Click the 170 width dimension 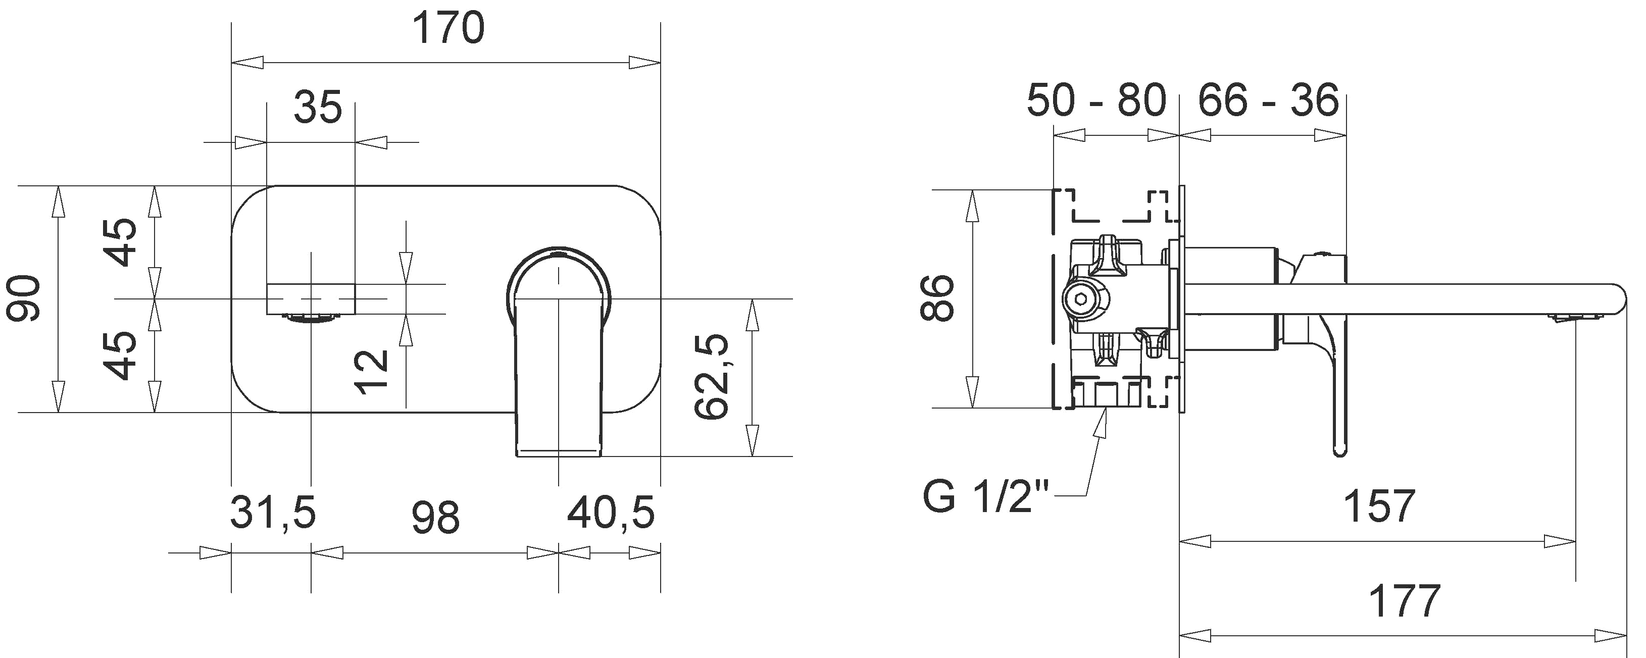click(x=448, y=29)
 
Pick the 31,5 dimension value click(x=273, y=513)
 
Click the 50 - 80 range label click(x=1096, y=100)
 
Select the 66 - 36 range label click(x=1268, y=100)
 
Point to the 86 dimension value click(x=937, y=298)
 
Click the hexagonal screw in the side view click(x=1079, y=298)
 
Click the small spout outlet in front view click(x=311, y=319)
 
